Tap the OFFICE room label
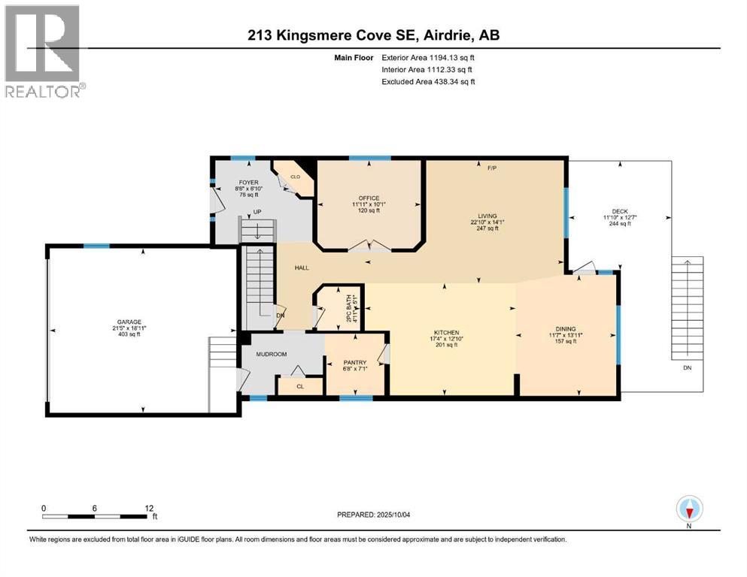[369, 198]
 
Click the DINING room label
[565, 328]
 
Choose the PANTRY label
[354, 362]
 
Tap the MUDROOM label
[272, 354]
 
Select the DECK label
[618, 211]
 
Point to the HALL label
[301, 267]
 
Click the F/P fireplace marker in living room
[492, 168]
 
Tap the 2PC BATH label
[350, 307]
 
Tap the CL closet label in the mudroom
[299, 386]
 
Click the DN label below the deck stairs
[687, 368]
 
